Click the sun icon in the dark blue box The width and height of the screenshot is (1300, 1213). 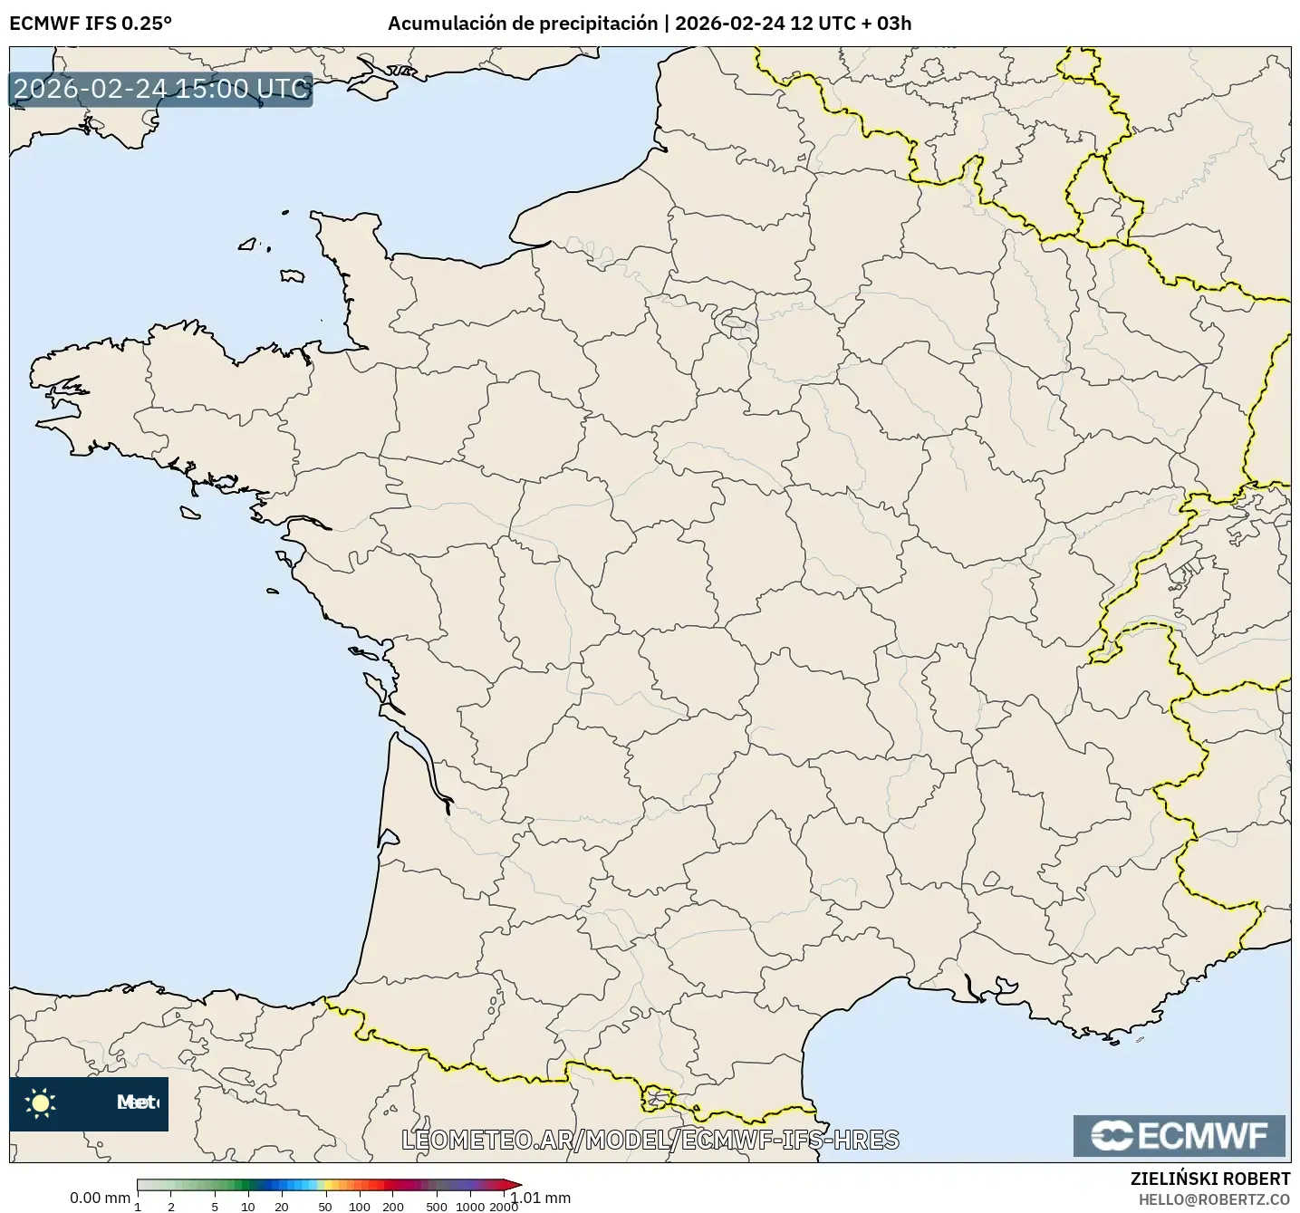pos(41,1102)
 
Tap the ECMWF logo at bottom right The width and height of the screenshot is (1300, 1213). pos(1179,1136)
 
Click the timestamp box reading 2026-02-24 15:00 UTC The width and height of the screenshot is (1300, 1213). pos(161,89)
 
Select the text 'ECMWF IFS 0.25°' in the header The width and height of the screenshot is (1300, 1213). pos(90,24)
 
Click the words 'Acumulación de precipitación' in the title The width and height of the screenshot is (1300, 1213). pos(523,24)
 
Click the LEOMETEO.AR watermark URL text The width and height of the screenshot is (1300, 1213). pos(650,1140)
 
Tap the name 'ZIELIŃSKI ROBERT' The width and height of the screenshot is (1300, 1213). pos(1210,1179)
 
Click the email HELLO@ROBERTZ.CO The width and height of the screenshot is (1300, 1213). pos(1214,1199)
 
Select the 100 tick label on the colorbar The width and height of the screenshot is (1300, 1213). pos(360,1207)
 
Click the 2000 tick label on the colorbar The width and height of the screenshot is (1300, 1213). pos(504,1207)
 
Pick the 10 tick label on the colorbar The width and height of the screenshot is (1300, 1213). pos(248,1207)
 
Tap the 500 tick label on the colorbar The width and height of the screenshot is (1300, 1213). pos(437,1207)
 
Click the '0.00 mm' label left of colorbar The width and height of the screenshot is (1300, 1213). pos(100,1198)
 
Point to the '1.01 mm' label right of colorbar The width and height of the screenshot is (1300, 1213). pos(542,1198)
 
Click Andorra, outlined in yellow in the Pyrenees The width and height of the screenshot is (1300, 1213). pos(657,1099)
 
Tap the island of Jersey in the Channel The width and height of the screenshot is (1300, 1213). pos(292,275)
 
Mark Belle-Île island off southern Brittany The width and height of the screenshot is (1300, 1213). pos(189,513)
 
